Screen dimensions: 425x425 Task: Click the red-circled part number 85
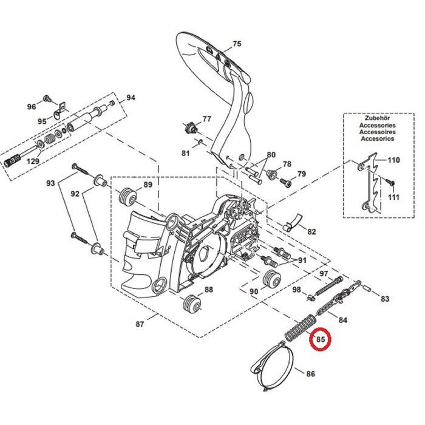tap(320, 341)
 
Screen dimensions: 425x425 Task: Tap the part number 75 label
tap(237, 44)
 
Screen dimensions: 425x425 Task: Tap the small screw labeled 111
tap(392, 183)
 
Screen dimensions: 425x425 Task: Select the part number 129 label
tap(33, 161)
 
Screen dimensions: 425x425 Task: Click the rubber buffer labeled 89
tap(127, 197)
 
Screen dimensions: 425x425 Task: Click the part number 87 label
tap(140, 324)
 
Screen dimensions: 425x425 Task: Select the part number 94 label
tap(131, 98)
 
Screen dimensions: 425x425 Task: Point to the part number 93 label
tap(51, 183)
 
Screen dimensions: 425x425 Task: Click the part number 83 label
tap(385, 299)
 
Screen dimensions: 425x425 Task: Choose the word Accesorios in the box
tap(376, 138)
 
